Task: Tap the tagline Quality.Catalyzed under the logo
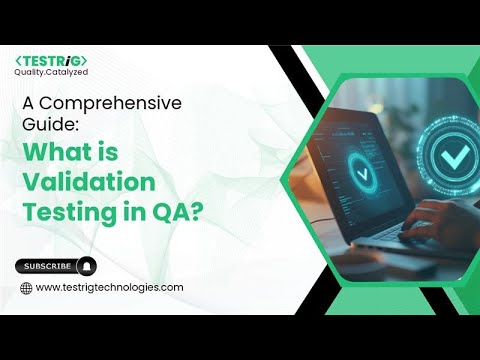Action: (x=49, y=73)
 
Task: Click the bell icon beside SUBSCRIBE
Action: (x=87, y=266)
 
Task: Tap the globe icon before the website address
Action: (x=26, y=288)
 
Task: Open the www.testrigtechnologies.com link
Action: (x=109, y=288)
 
